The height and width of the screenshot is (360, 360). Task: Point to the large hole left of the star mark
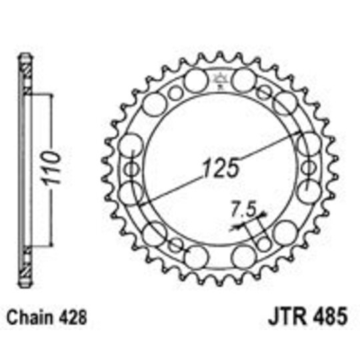[195, 81]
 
